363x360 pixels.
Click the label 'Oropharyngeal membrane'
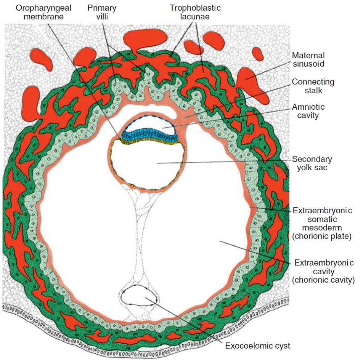(x=43, y=12)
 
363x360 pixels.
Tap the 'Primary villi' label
(x=102, y=12)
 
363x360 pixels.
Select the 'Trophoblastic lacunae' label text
(x=195, y=12)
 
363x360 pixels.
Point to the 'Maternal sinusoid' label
(x=308, y=59)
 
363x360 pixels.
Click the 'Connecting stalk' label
(x=313, y=86)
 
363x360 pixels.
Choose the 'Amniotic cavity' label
(x=308, y=111)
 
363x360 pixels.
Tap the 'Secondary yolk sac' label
(x=312, y=163)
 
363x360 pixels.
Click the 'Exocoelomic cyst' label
(x=257, y=346)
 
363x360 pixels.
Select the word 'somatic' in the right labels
(x=322, y=219)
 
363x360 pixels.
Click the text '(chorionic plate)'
(x=322, y=236)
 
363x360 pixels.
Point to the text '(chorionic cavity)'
(x=323, y=280)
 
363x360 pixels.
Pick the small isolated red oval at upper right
(x=257, y=54)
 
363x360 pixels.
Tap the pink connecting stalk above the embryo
(x=185, y=114)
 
